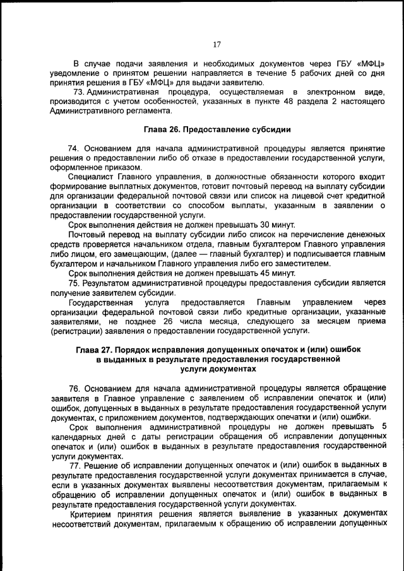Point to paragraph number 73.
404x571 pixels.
(x=79, y=92)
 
